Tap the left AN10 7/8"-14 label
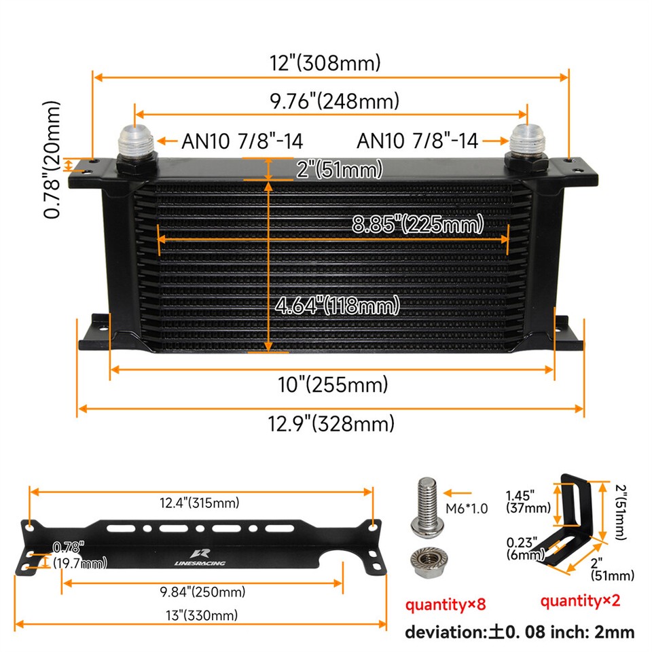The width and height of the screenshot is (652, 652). (242, 141)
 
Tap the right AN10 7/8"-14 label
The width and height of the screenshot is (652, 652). (418, 141)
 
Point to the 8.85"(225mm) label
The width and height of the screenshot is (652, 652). (418, 223)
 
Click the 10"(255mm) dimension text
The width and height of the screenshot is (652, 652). (333, 385)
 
